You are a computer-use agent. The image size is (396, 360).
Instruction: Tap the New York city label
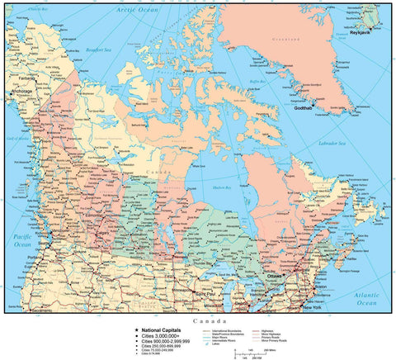[312, 307]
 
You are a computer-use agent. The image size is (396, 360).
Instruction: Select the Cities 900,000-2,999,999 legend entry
[167, 340]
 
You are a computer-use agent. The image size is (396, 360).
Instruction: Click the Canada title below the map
[207, 320]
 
